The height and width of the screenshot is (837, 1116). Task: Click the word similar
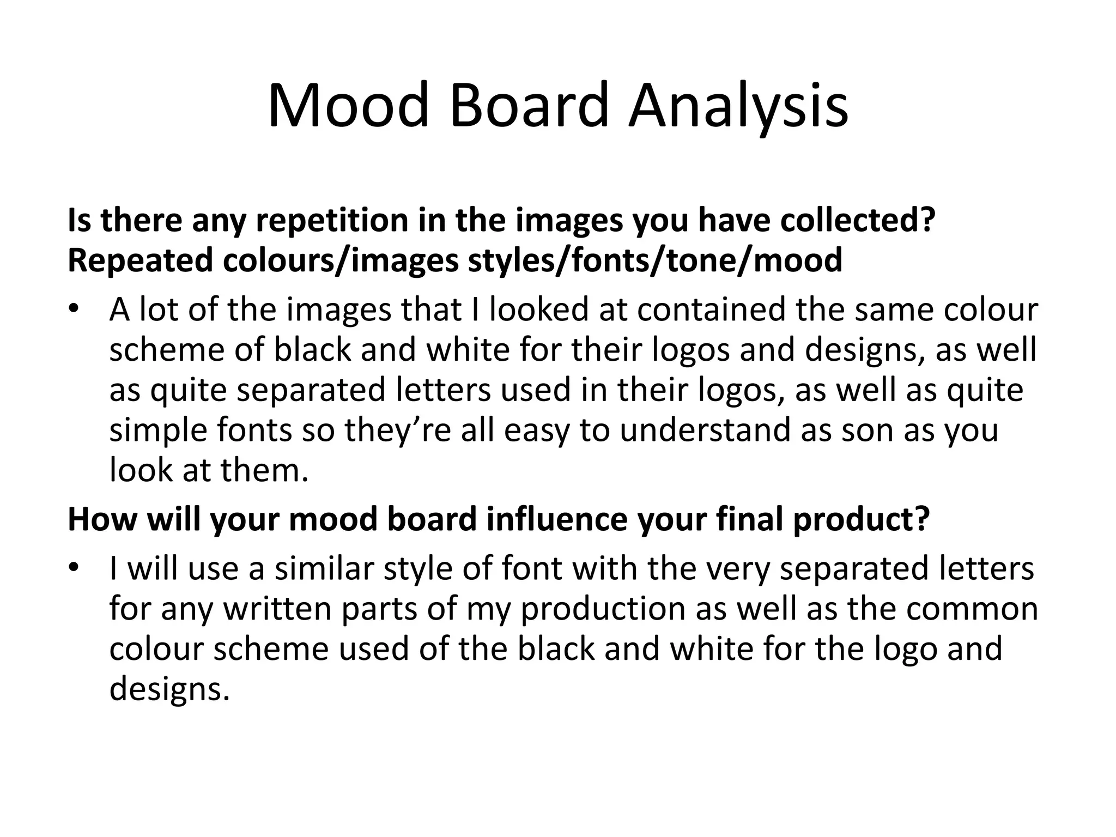tap(324, 568)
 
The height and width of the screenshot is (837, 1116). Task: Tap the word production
tap(603, 609)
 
